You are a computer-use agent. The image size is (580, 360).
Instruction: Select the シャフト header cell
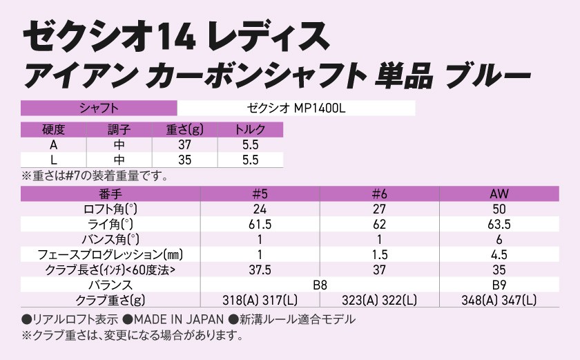click(x=99, y=108)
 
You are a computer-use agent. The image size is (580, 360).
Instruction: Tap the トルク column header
click(x=250, y=129)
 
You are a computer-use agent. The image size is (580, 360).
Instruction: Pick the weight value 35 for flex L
click(x=184, y=160)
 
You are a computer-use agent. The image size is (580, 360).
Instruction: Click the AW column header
click(x=499, y=194)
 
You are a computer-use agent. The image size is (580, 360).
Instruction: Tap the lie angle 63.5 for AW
click(x=499, y=224)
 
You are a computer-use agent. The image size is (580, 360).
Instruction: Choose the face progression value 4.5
click(x=499, y=254)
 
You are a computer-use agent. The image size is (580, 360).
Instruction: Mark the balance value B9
click(x=499, y=284)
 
